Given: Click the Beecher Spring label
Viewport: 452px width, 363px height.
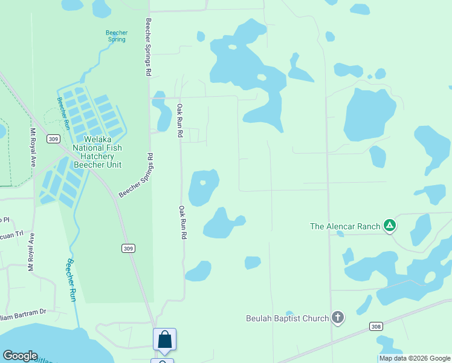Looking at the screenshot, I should [x=116, y=36].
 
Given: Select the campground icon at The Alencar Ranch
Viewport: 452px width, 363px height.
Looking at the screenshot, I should [x=390, y=226].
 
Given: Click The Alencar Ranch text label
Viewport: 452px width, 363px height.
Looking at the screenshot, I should [x=345, y=226].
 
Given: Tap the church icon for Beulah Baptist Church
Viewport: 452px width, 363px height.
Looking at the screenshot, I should [x=338, y=318].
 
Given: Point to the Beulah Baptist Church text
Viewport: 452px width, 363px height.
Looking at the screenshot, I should [x=288, y=318].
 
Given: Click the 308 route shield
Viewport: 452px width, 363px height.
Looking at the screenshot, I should [x=376, y=327].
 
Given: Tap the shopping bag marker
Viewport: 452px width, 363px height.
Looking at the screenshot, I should [x=164, y=340].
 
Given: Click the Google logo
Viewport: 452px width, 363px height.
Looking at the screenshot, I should [x=20, y=356].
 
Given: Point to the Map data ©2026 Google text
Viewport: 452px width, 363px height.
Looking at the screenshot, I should [x=415, y=358].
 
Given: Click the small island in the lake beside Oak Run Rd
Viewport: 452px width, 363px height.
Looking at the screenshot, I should [x=203, y=183].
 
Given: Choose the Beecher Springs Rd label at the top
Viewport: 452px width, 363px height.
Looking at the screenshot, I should [x=148, y=47].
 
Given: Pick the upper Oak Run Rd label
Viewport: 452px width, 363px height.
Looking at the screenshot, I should [x=179, y=121].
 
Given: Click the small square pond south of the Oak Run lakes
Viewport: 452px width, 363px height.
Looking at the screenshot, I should [x=253, y=263].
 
